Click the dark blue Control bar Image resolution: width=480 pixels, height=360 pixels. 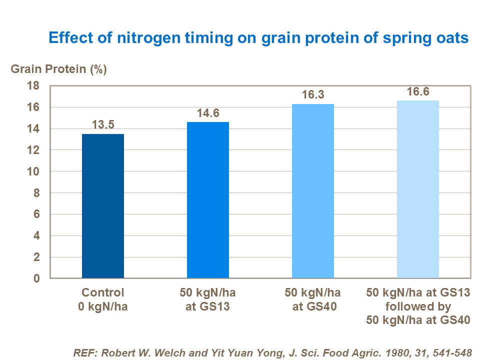click(x=103, y=206)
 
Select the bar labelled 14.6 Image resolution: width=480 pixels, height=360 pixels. click(x=208, y=200)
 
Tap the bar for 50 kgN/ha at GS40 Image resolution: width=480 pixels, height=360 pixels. click(x=313, y=191)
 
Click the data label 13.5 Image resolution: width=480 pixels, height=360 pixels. click(x=103, y=125)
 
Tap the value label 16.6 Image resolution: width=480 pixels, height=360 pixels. click(x=418, y=91)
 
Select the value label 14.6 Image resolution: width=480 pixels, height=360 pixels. click(x=208, y=113)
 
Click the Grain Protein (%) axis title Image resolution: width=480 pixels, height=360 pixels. click(x=58, y=69)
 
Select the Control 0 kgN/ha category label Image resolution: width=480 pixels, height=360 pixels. click(x=103, y=299)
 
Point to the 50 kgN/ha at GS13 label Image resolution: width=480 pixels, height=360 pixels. click(x=208, y=299)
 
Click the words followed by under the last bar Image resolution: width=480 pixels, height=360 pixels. click(x=418, y=306)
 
